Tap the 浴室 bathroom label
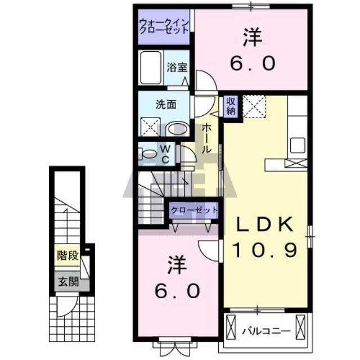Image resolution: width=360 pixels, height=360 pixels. coord(177,68)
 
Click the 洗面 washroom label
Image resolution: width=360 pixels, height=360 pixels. coord(166,104)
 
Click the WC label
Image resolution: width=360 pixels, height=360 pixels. coord(166,154)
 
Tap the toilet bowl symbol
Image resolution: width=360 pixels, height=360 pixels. coord(149,154)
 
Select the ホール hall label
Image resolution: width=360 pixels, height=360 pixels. coord(207,138)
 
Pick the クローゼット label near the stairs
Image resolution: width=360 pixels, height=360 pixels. coord(194,210)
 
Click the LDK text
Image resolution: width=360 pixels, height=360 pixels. coord(264,226)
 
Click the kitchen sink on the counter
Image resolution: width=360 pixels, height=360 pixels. coord(297,143)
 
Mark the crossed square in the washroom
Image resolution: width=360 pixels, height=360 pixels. coord(149,127)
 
